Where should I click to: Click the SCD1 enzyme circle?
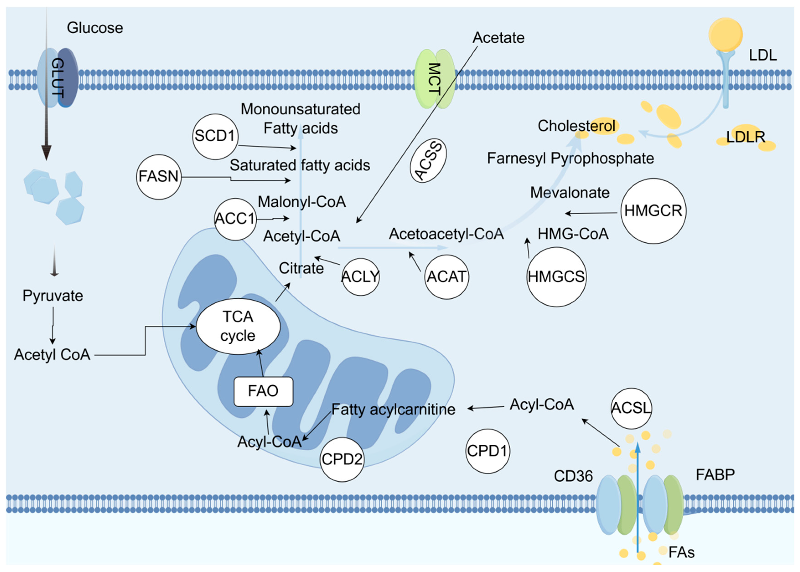[x=215, y=136]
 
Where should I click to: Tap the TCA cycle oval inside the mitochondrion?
[x=238, y=326]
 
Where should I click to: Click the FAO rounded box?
[x=263, y=391]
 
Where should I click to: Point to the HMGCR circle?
[x=653, y=211]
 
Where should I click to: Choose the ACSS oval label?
[x=428, y=160]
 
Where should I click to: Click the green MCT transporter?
[x=434, y=79]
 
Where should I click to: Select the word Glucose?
[x=95, y=28]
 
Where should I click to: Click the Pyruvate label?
[x=53, y=296]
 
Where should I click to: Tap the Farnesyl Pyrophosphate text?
[x=570, y=158]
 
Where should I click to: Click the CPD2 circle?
[x=342, y=459]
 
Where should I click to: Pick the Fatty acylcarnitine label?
[x=393, y=409]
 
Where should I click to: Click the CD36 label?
[x=573, y=476]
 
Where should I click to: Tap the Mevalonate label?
[x=570, y=193]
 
